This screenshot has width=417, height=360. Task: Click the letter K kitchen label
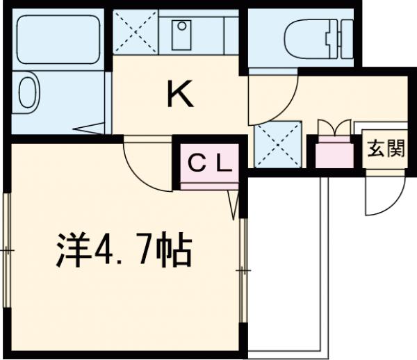click(x=179, y=95)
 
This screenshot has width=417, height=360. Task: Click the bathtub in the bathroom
click(x=59, y=38)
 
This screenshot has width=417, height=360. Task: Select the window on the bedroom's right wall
click(x=244, y=268)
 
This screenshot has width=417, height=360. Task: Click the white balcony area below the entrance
click(x=285, y=264)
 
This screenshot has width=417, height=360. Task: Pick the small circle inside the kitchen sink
click(x=181, y=28)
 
